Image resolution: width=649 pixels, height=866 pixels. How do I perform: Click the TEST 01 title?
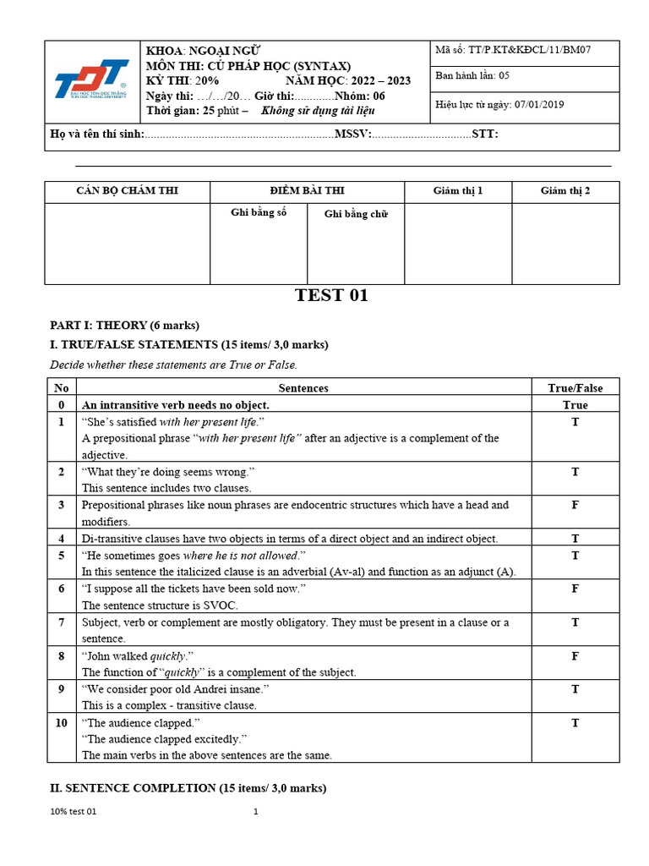[331, 295]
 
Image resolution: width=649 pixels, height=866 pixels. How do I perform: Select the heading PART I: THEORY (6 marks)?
[124, 325]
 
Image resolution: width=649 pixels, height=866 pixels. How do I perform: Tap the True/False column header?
[575, 388]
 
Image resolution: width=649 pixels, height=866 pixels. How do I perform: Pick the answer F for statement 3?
[575, 505]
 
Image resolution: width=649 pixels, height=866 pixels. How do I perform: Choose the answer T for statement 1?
[575, 421]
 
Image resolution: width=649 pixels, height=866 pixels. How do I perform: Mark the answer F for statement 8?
[575, 655]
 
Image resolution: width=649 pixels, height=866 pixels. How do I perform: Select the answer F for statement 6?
[575, 589]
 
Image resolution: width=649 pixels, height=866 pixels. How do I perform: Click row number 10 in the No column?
[61, 722]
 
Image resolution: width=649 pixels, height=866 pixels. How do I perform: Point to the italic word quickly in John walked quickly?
[168, 656]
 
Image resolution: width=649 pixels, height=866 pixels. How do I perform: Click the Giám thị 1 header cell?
[458, 191]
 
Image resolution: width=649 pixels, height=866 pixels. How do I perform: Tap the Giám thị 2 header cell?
[565, 191]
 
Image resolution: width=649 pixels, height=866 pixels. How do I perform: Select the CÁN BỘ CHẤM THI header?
[128, 191]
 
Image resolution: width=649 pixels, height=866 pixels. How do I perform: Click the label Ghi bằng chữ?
[356, 215]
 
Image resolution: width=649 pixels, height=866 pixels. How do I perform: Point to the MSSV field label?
[352, 134]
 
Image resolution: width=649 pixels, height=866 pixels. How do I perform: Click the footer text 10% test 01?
[74, 812]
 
